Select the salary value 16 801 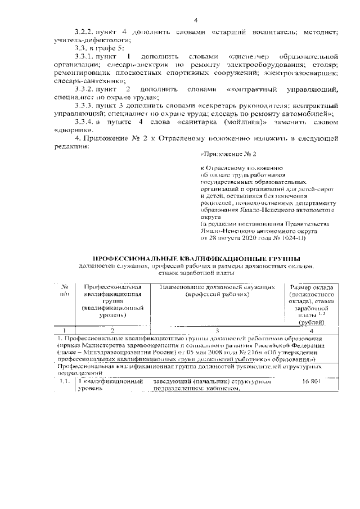309,382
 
